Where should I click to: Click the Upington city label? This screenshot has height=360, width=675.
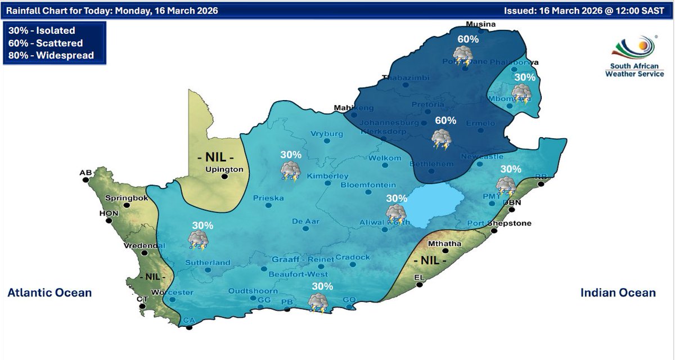pyautogui.click(x=224, y=169)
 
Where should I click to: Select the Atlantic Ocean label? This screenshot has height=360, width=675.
pyautogui.click(x=49, y=292)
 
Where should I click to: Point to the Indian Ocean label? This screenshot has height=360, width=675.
pyautogui.click(x=618, y=292)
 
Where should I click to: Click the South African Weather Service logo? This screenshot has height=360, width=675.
pyautogui.click(x=634, y=57)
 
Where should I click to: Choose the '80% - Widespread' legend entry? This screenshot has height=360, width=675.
pyautogui.click(x=51, y=55)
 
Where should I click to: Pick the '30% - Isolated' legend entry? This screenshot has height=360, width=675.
pyautogui.click(x=42, y=30)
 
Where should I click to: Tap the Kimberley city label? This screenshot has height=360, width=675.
pyautogui.click(x=327, y=176)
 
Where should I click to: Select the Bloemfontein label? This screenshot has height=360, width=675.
pyautogui.click(x=368, y=185)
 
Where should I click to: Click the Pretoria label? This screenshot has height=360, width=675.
pyautogui.click(x=427, y=105)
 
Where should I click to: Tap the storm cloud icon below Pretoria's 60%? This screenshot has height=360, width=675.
pyautogui.click(x=440, y=139)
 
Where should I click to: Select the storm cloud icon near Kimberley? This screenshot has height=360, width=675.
pyautogui.click(x=291, y=170)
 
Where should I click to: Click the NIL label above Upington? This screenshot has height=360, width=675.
pyautogui.click(x=215, y=156)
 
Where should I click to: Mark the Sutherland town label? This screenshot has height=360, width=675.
pyautogui.click(x=209, y=263)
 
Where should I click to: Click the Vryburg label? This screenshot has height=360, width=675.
pyautogui.click(x=326, y=134)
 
